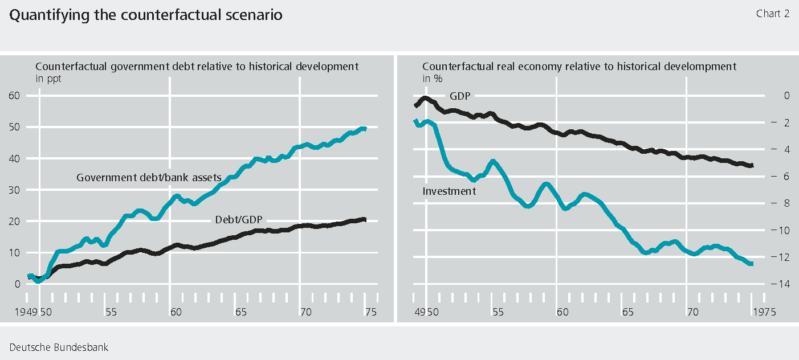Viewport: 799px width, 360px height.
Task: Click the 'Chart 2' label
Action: (x=772, y=14)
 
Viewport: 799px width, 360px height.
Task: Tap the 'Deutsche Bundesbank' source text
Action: (x=58, y=347)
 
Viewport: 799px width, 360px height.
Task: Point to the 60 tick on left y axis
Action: (x=14, y=96)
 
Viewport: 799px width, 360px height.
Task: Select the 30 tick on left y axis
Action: (x=14, y=190)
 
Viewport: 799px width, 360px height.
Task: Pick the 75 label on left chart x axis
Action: (x=371, y=312)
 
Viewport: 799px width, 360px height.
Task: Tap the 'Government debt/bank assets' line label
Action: (x=148, y=178)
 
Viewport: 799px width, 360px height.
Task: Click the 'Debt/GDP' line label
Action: (x=241, y=219)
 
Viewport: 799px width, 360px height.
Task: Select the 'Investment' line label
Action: (x=449, y=191)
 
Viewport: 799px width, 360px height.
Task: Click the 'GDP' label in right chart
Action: (x=460, y=96)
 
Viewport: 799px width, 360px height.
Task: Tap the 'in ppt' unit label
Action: (x=48, y=79)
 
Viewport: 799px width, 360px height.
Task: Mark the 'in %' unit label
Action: (x=432, y=79)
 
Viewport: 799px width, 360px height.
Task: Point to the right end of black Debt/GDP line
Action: (x=365, y=219)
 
